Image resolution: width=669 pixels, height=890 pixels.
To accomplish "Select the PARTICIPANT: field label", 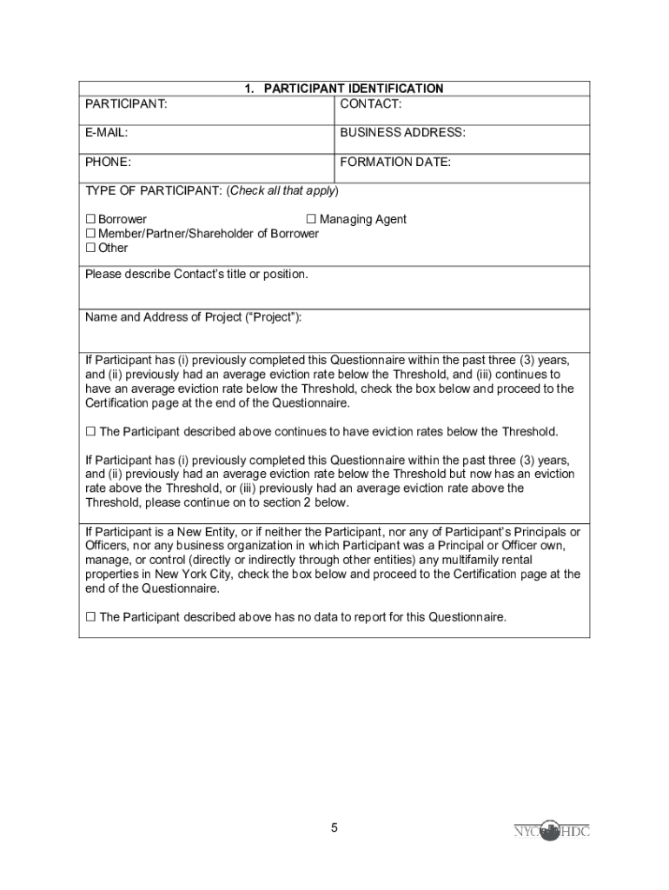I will tap(126, 104).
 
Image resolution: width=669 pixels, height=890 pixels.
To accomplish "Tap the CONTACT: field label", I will tap(370, 104).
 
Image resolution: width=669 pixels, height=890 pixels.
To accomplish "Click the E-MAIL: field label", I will tap(107, 133).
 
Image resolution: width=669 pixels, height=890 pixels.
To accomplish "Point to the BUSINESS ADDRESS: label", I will tap(402, 133).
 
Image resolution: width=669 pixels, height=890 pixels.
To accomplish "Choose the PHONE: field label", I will tap(109, 162).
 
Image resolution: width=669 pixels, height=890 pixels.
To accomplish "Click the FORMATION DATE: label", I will tap(395, 162).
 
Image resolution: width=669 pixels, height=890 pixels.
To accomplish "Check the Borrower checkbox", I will tap(90, 220).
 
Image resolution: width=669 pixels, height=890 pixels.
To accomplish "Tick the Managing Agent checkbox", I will tap(311, 220).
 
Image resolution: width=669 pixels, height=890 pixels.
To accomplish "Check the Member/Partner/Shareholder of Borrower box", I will tap(90, 234).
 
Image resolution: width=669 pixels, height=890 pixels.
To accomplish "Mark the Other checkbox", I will tap(90, 248).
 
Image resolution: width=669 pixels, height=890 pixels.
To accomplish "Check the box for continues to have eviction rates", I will tap(90, 432).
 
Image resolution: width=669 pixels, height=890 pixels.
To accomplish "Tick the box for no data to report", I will tap(90, 617).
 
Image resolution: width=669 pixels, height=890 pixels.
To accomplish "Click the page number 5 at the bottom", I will tap(334, 828).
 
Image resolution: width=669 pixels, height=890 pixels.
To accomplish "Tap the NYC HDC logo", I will tap(551, 831).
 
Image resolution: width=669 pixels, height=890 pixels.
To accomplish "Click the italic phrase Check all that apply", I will tap(282, 191).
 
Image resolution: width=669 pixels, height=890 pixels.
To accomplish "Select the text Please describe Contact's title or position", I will tap(196, 275).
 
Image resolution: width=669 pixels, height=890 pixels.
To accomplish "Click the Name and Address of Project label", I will tap(194, 317).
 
